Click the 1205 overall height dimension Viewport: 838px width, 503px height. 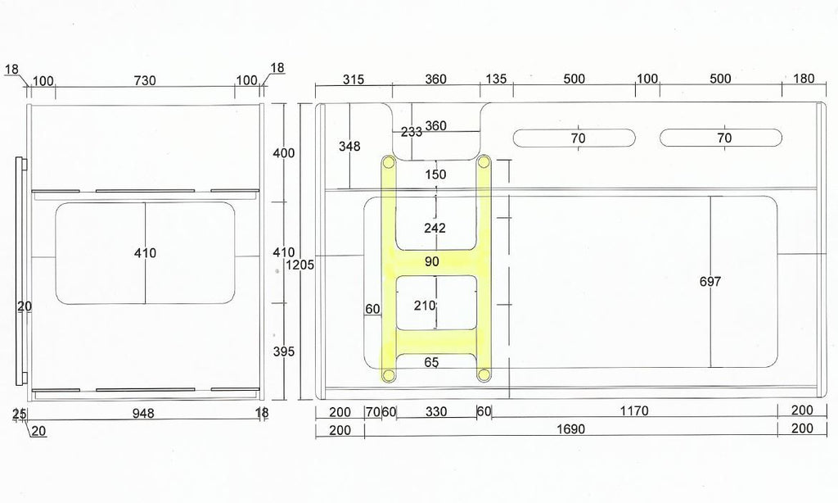[300, 265]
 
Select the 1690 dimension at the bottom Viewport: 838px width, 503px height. [570, 429]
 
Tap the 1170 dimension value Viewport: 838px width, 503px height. [634, 411]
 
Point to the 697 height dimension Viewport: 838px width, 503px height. [710, 281]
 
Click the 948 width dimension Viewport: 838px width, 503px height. [143, 413]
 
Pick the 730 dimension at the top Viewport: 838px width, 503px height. [145, 81]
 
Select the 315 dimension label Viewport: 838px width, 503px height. [354, 79]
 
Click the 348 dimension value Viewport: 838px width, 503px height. [349, 146]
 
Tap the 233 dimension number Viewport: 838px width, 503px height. [412, 132]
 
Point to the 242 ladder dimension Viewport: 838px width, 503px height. [435, 229]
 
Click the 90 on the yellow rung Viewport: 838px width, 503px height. [432, 261]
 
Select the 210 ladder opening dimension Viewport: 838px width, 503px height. [425, 306]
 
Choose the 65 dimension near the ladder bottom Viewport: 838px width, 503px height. [432, 362]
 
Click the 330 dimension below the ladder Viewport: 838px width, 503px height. [436, 411]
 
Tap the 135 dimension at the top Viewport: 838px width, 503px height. [495, 79]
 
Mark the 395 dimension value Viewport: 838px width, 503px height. [284, 351]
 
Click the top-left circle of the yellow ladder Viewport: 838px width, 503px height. [389, 161]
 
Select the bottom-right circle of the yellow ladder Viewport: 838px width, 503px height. [484, 374]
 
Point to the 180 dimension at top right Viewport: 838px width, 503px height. [804, 79]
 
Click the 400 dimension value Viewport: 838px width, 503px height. [284, 153]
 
